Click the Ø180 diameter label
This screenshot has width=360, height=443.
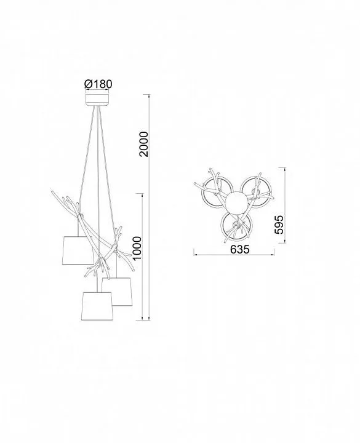98,84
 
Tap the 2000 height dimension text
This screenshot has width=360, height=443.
144,144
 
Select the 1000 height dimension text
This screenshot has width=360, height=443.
137,249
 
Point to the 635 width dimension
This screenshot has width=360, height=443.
240,249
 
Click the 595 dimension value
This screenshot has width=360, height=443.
279,225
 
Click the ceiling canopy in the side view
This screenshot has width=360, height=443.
97,100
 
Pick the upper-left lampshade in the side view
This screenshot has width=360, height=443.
78,250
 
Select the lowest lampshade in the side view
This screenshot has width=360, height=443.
97,306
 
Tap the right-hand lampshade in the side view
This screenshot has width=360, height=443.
117,292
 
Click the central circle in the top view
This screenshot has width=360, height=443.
235,202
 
